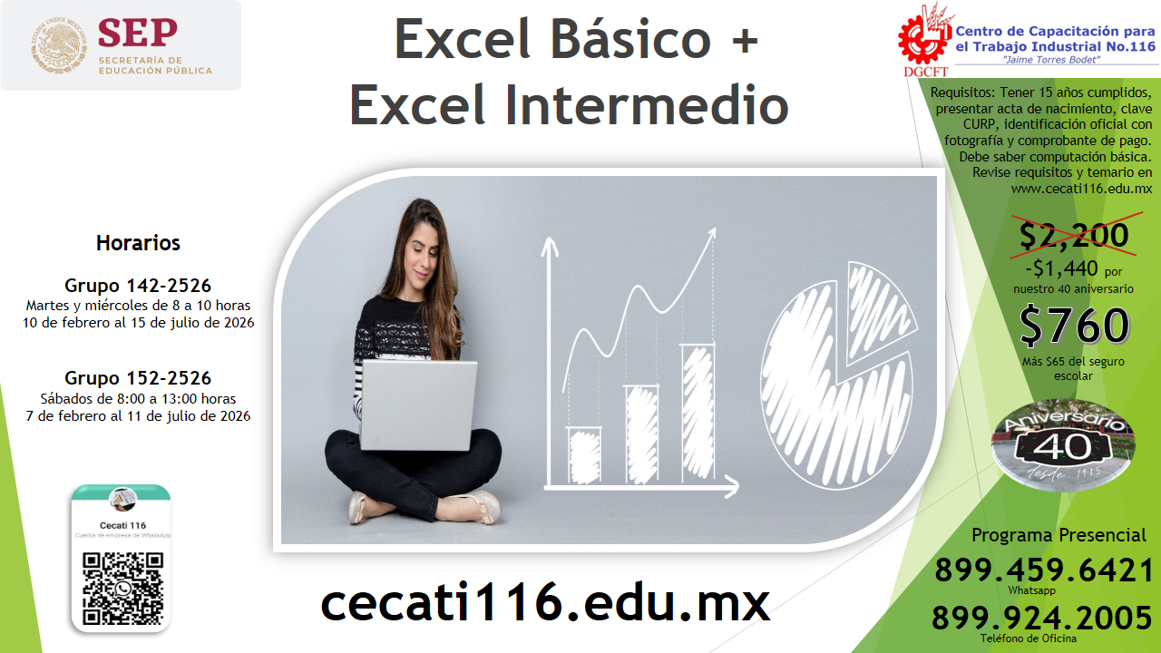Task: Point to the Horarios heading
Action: (x=138, y=243)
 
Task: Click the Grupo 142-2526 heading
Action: (x=138, y=286)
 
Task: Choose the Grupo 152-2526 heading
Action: (x=138, y=378)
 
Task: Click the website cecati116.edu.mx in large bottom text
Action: (x=545, y=602)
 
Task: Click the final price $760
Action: (x=1074, y=326)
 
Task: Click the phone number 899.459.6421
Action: (x=1044, y=570)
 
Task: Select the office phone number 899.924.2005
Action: (x=1042, y=618)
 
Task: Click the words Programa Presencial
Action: (x=1059, y=535)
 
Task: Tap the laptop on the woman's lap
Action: (x=418, y=405)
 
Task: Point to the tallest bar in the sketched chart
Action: (x=697, y=414)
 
